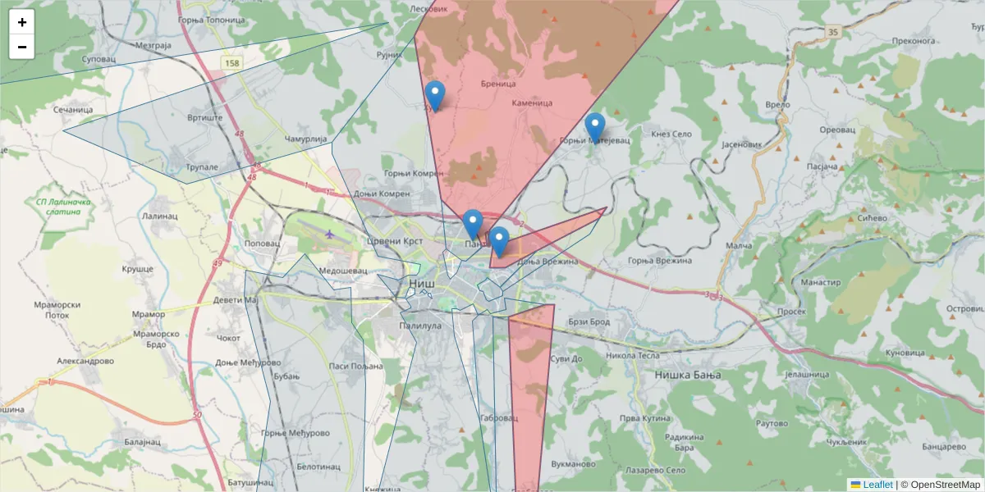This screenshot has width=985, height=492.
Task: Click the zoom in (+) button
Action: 22,22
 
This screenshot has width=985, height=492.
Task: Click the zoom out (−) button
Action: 22,47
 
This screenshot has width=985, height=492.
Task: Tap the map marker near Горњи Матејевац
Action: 595,128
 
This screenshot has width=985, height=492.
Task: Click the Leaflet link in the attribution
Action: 877,485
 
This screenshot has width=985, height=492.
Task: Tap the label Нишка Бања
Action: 687,375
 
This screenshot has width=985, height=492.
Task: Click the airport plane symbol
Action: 330,235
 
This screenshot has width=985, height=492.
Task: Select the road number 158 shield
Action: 232,63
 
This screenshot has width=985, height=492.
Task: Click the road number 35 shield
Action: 834,32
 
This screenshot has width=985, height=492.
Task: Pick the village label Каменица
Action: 532,103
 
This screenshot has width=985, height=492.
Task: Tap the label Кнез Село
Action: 671,134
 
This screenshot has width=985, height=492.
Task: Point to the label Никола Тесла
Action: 632,356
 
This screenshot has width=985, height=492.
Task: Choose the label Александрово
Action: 85,361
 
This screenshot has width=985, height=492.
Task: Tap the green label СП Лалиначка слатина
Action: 58,206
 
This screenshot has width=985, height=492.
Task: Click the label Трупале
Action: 201,167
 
